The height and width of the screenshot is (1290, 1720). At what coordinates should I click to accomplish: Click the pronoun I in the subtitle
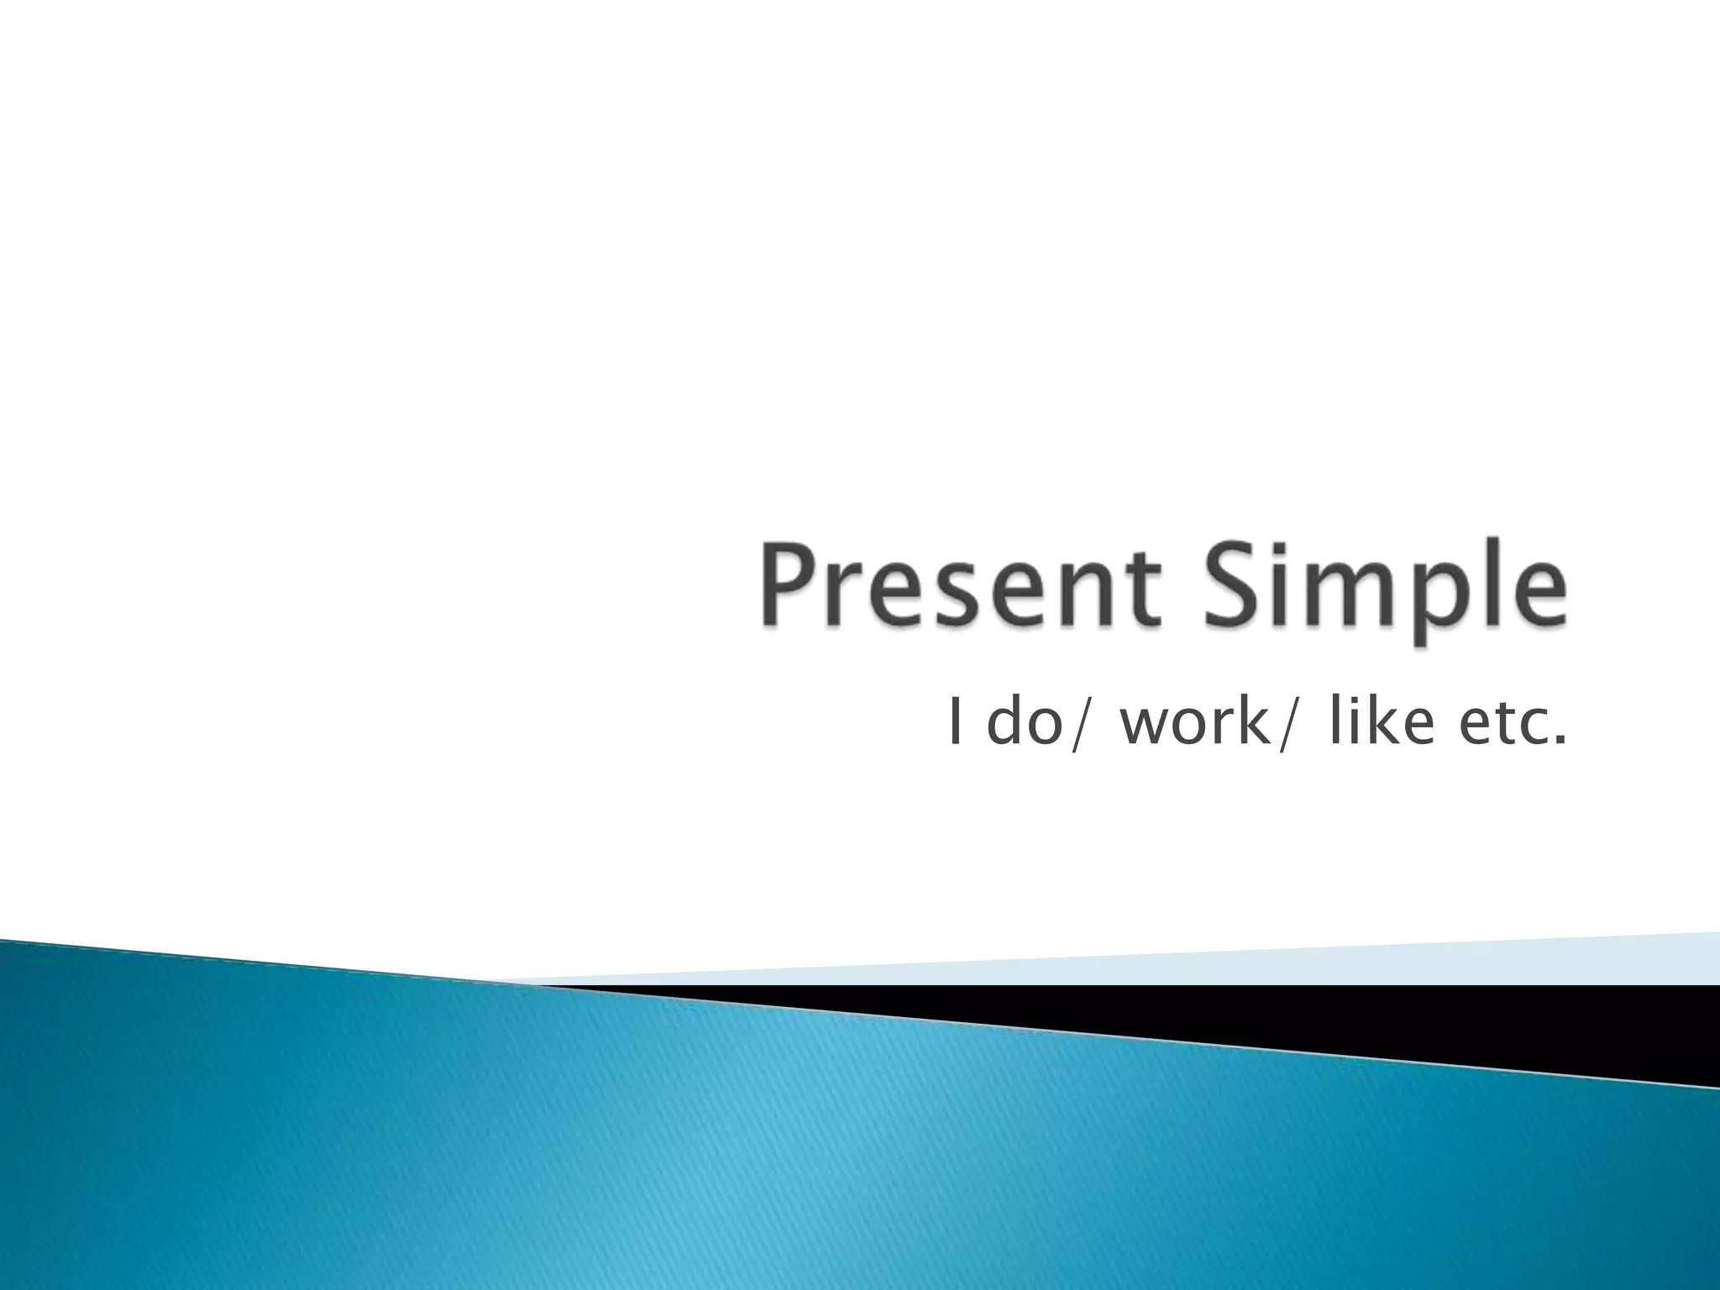(x=953, y=722)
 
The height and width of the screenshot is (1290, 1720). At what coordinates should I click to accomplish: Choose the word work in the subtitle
(x=1193, y=722)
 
